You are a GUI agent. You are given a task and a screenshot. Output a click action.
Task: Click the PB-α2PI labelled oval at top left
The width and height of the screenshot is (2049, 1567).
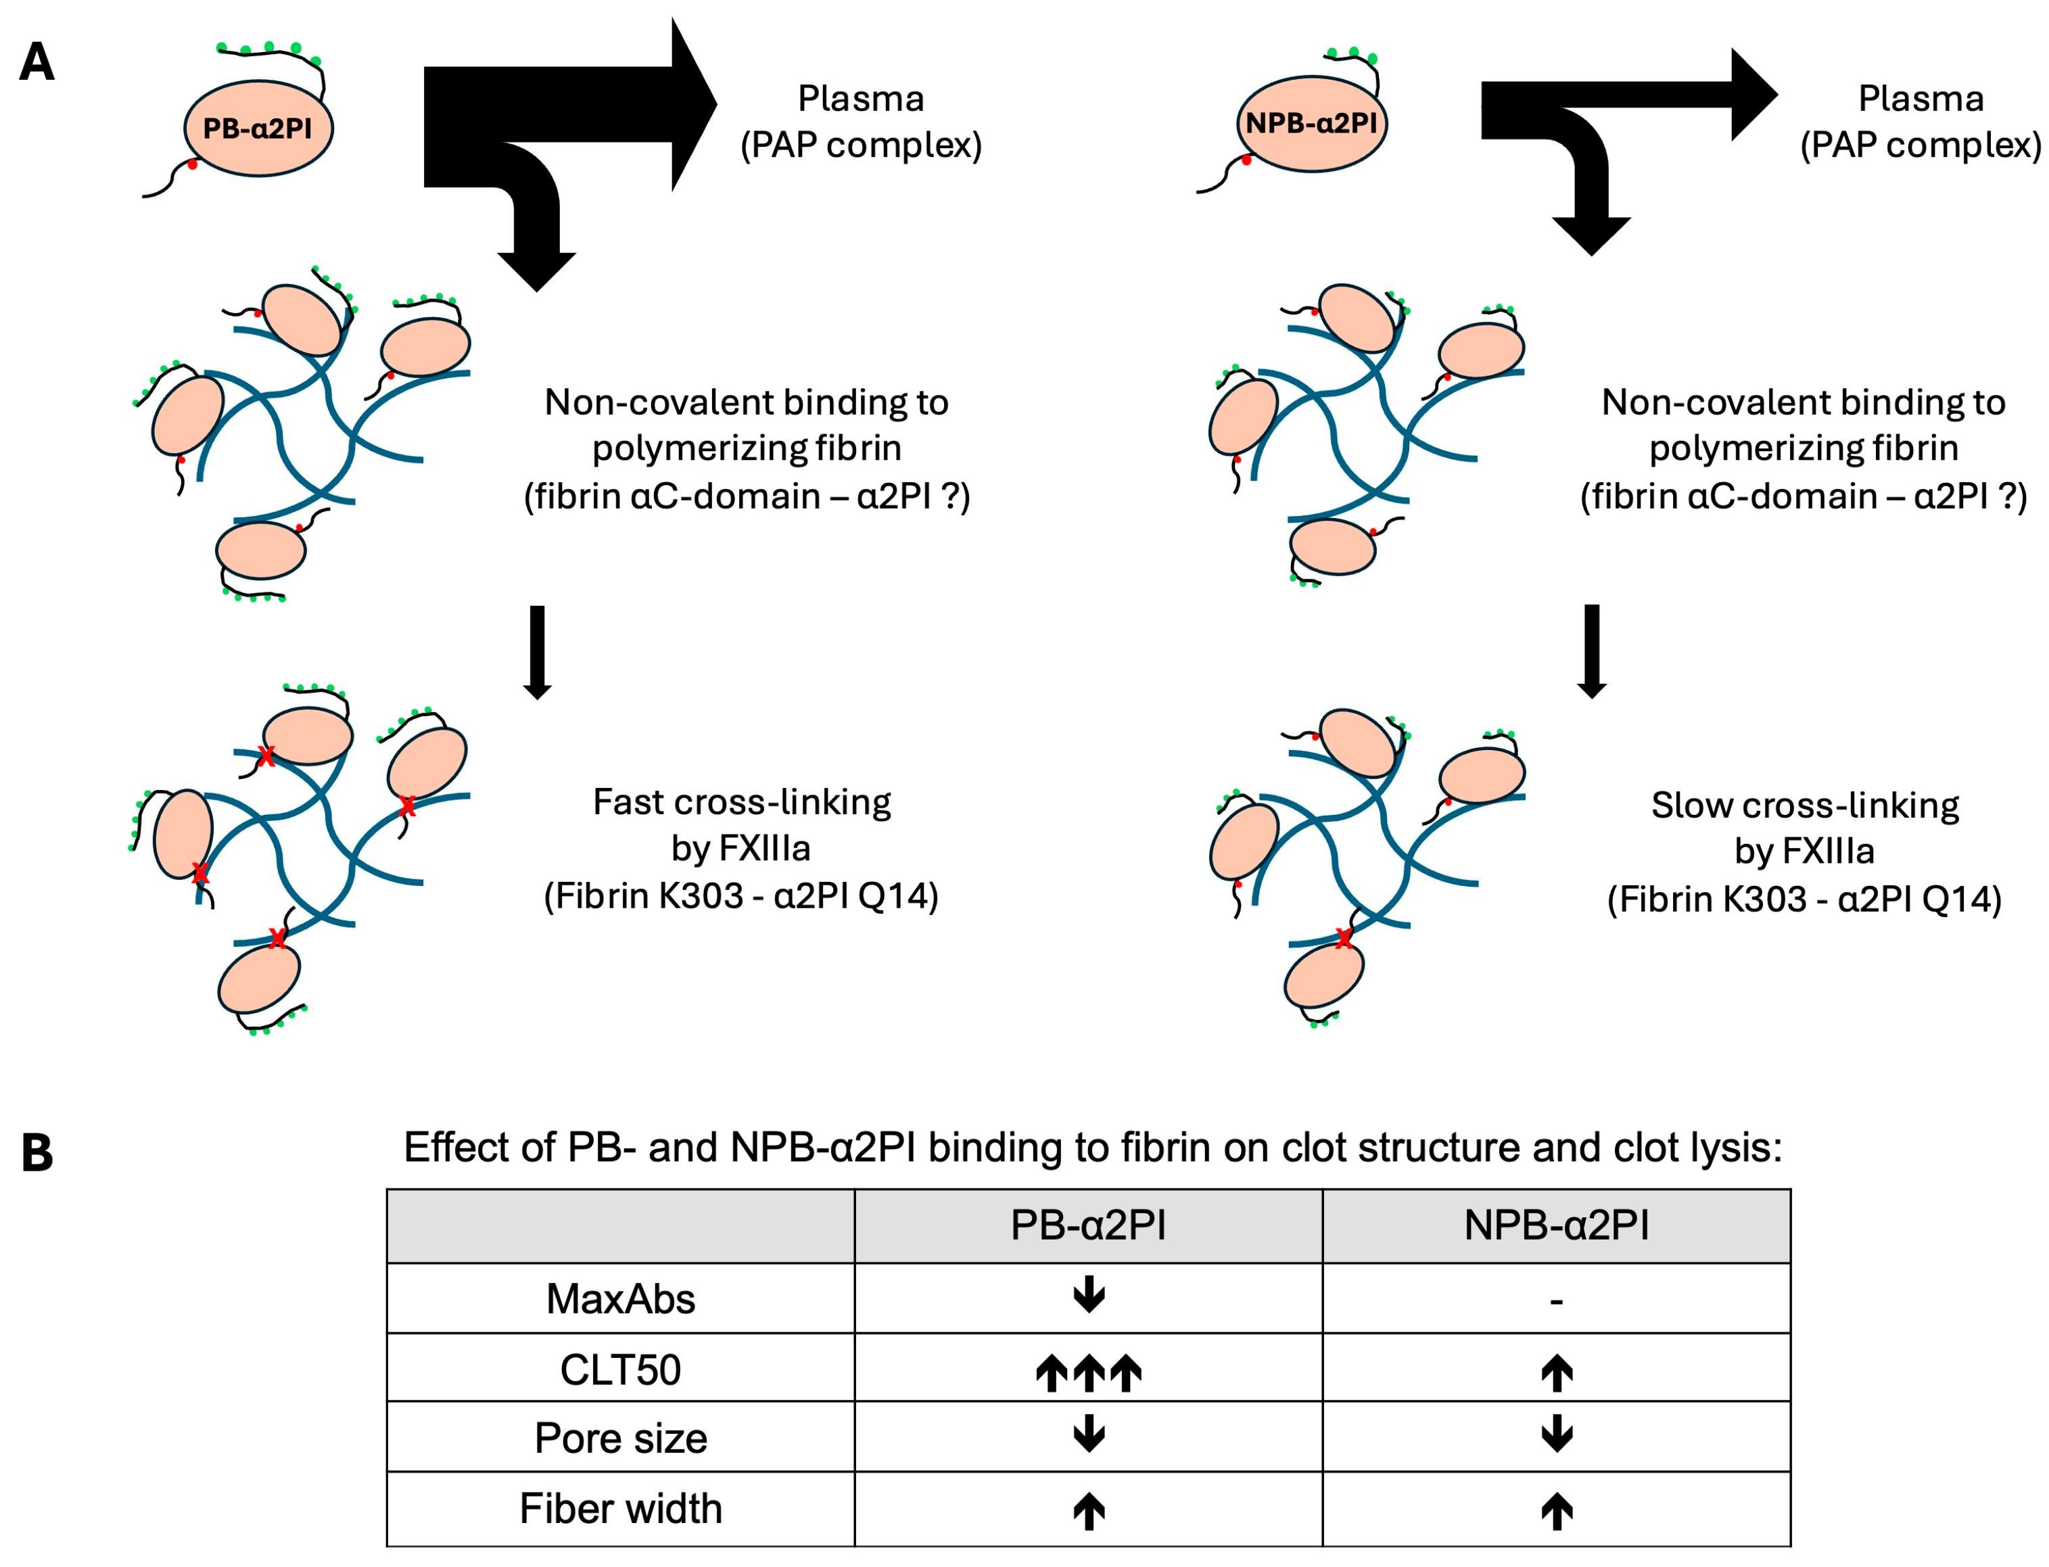click(x=258, y=128)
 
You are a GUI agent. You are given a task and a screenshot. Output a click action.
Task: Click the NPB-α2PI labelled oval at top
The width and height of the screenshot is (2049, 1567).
click(x=1311, y=123)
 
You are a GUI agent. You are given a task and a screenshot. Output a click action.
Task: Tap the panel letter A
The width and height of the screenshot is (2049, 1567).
click(x=37, y=62)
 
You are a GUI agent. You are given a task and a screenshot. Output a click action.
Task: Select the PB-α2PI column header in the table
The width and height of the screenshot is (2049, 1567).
click(x=1087, y=1225)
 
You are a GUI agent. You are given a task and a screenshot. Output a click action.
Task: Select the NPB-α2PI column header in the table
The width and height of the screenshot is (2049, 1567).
click(x=1555, y=1225)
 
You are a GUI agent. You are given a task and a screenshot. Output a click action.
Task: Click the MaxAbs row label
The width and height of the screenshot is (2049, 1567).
click(x=620, y=1299)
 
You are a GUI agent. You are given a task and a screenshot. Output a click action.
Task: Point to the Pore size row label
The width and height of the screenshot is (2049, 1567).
click(x=620, y=1437)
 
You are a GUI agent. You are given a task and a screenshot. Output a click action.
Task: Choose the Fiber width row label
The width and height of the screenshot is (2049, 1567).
click(x=620, y=1508)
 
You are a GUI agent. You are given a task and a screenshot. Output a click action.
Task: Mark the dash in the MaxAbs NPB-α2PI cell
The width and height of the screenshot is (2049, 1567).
click(x=1555, y=1301)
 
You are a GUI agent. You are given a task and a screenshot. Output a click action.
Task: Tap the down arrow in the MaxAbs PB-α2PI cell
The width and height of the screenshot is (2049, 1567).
click(x=1088, y=1294)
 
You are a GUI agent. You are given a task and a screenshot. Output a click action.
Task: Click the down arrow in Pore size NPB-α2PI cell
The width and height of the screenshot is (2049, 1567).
click(x=1555, y=1434)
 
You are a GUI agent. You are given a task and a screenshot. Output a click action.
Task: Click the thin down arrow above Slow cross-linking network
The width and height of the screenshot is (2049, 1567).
click(x=1591, y=651)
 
